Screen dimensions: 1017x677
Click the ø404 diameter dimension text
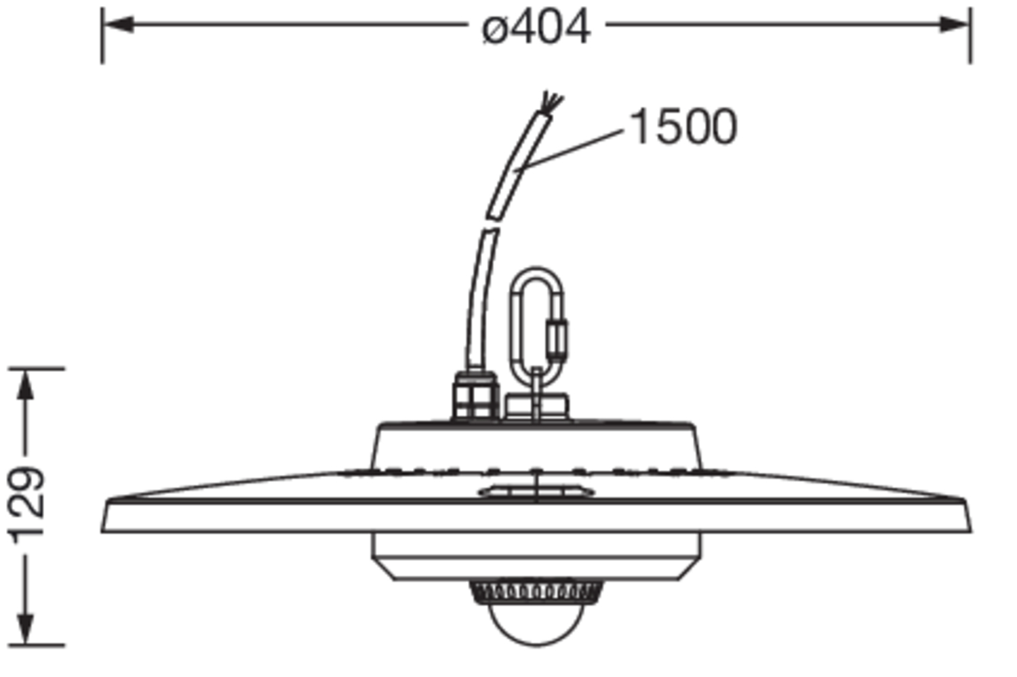click(536, 27)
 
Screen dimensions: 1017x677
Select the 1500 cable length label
click(683, 127)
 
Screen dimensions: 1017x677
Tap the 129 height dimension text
click(26, 505)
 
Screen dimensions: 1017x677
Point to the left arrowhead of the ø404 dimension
click(118, 24)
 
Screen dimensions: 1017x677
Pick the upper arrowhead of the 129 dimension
click(26, 385)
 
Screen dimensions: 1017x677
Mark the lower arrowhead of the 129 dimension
click(26, 629)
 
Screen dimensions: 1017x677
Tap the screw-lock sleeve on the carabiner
click(557, 340)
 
